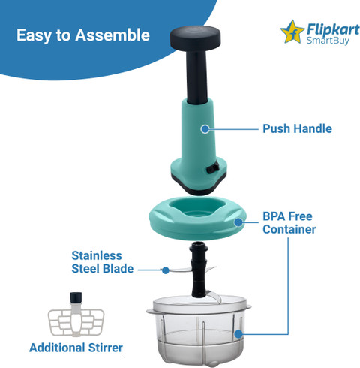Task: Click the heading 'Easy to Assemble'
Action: coord(83,35)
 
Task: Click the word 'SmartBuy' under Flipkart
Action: coord(328,41)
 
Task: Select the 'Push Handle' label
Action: coord(297,128)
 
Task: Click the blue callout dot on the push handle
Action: coord(205,129)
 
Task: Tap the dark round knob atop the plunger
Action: coord(195,38)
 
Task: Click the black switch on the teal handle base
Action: coord(213,167)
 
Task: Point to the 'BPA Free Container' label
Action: coord(289,223)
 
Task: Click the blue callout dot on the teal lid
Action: coord(238,222)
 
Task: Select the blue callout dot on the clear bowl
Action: coord(238,334)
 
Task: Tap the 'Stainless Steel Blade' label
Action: coord(103,262)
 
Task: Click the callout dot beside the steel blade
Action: coord(166,270)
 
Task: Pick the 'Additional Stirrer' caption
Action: coord(76,348)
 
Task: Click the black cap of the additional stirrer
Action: coord(76,297)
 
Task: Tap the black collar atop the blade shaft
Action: coord(199,248)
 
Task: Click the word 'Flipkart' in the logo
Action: coord(333,29)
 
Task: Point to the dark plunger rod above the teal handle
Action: coord(197,77)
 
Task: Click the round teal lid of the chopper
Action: coord(197,218)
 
